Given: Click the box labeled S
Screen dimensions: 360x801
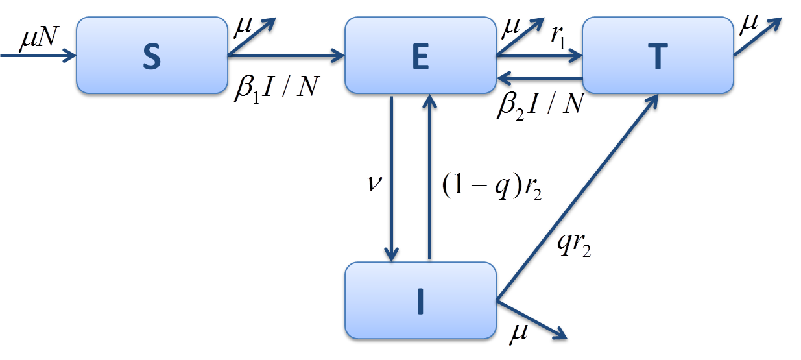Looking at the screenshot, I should tap(151, 55).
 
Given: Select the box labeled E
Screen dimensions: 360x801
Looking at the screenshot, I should tap(420, 55).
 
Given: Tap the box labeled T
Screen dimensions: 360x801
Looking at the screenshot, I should tap(658, 55).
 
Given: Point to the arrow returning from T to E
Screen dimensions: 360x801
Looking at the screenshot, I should tap(538, 80).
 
